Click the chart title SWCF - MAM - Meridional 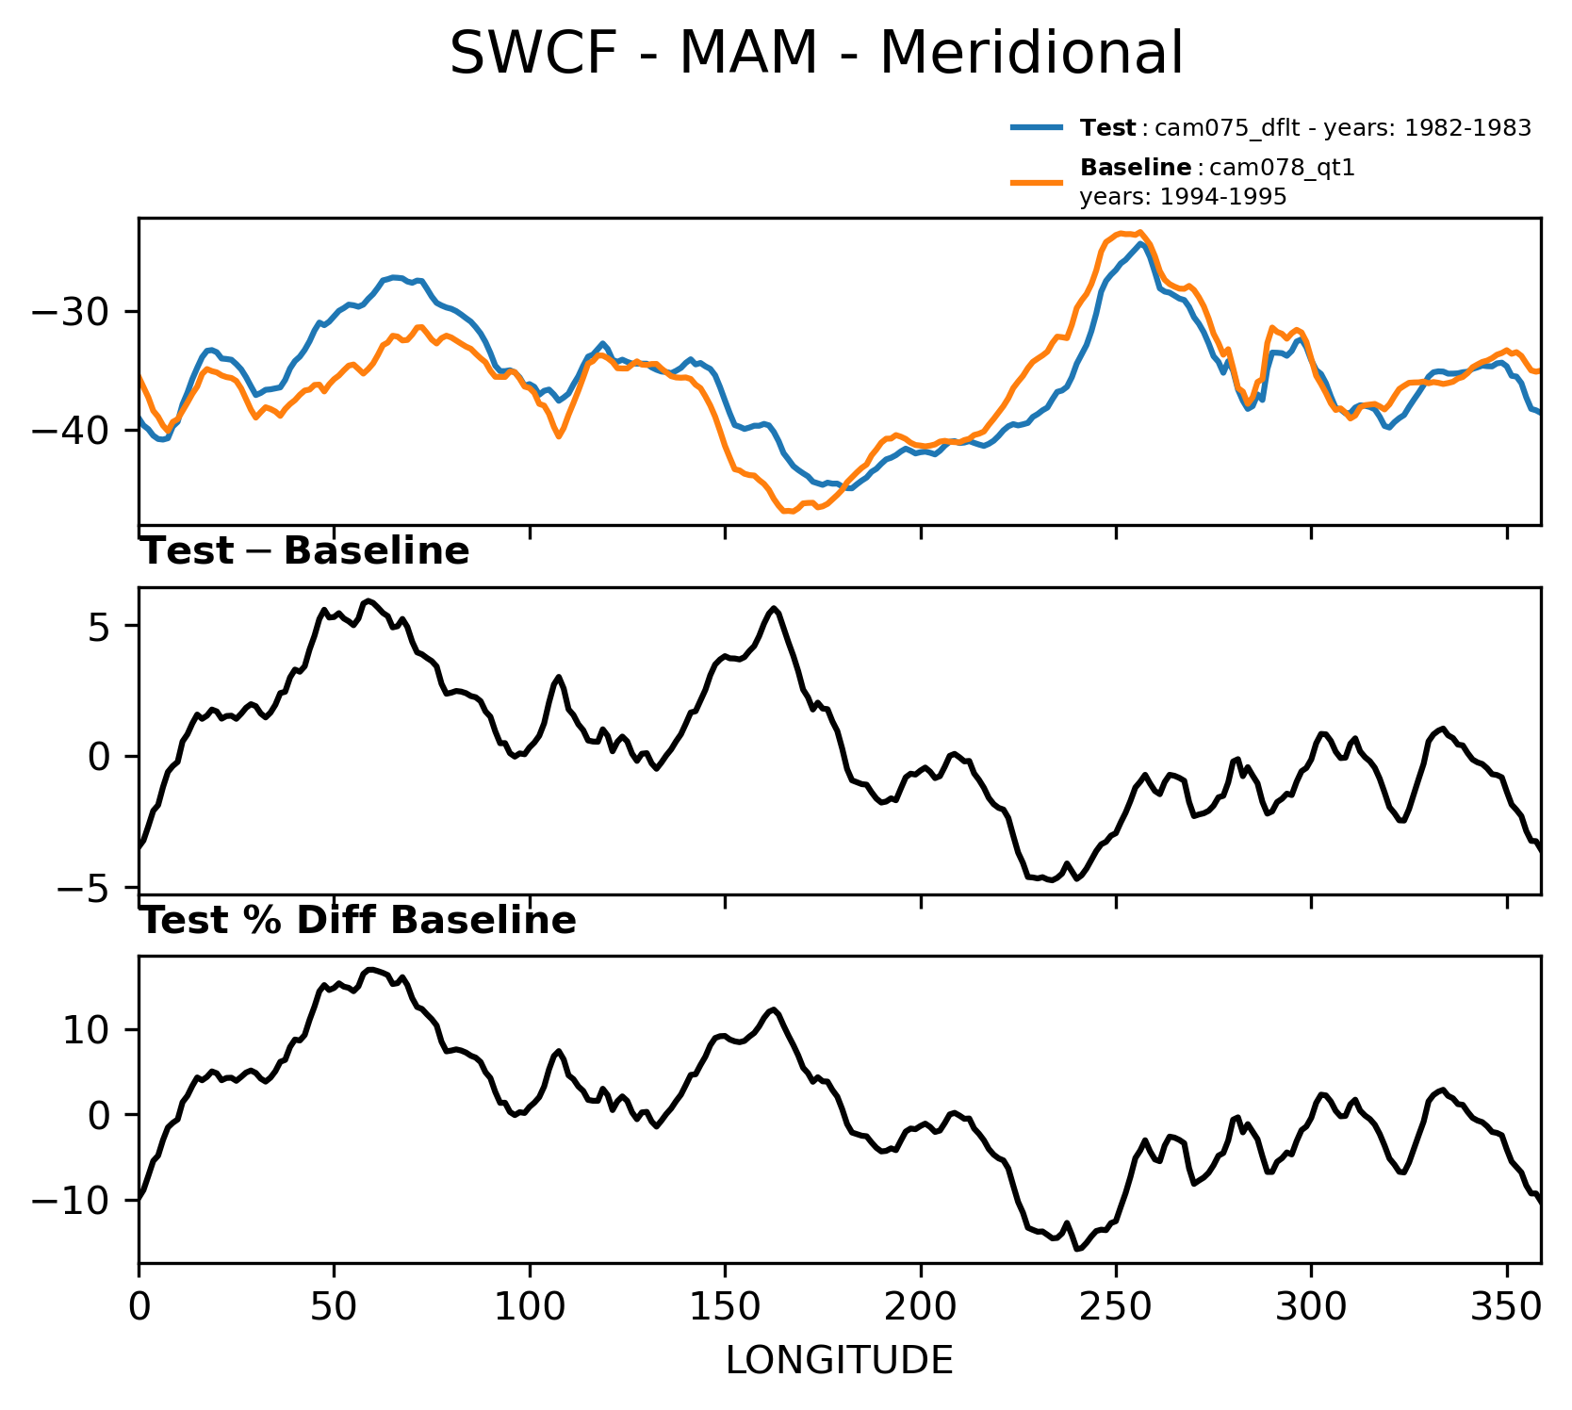tap(815, 54)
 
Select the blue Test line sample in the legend tap(1038, 127)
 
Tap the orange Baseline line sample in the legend tap(1038, 182)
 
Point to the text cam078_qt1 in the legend tap(1282, 168)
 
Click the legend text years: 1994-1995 tap(1183, 197)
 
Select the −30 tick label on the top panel tap(72, 312)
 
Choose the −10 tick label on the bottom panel tap(72, 1201)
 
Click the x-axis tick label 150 tap(725, 1307)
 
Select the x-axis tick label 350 tap(1506, 1307)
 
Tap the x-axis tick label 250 tap(1116, 1307)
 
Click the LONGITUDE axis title tap(839, 1361)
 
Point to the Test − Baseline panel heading tap(304, 552)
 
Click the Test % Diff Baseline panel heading tap(358, 921)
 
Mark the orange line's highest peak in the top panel tap(1139, 232)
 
